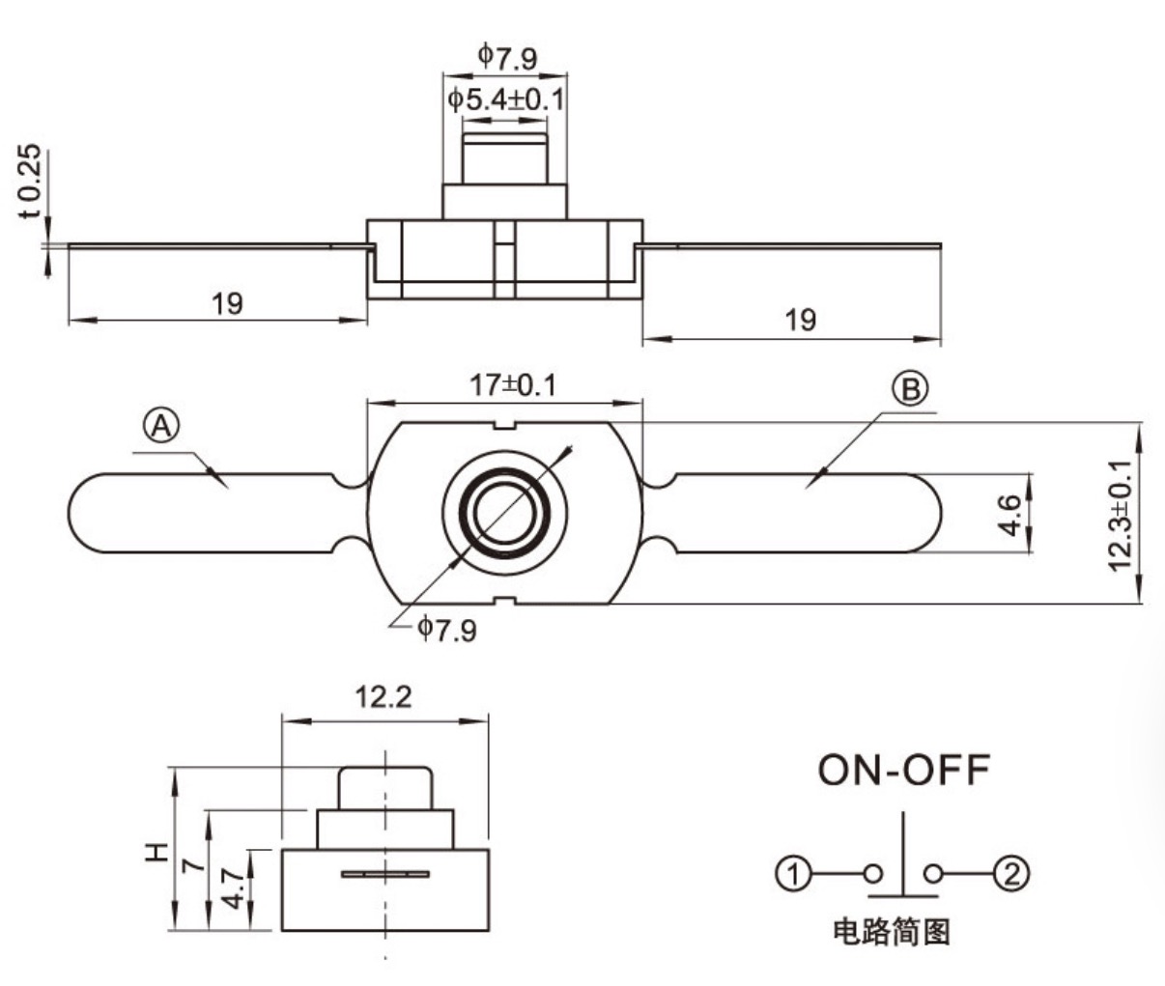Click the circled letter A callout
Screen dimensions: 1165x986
(161, 427)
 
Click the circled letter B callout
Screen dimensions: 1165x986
(910, 389)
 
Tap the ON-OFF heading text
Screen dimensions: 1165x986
(903, 771)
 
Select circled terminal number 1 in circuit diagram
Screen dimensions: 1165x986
(794, 874)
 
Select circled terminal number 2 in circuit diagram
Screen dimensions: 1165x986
(1011, 874)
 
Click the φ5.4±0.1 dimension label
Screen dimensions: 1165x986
(505, 100)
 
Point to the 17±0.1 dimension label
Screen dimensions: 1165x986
(512, 385)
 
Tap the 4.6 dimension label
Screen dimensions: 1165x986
(1009, 515)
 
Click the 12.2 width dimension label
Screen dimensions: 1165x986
(384, 697)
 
